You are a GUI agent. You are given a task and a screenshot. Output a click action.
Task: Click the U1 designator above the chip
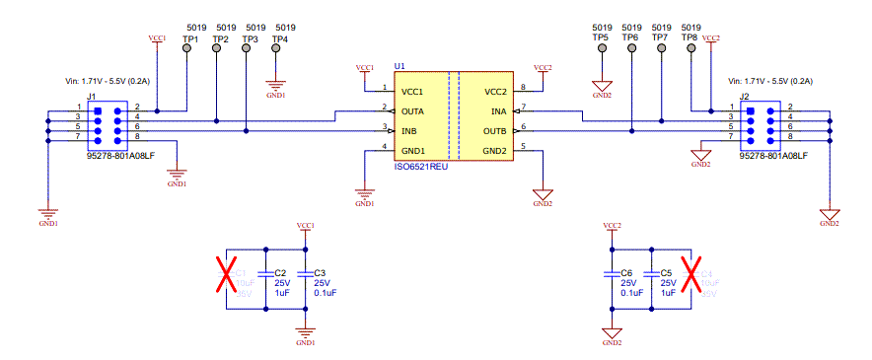pyautogui.click(x=400, y=66)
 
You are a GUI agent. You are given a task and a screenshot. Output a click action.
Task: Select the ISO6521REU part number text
pyautogui.click(x=422, y=168)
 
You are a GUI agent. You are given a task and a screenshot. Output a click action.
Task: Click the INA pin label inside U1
pyautogui.click(x=498, y=111)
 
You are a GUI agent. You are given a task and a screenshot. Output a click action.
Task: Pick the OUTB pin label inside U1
pyautogui.click(x=494, y=130)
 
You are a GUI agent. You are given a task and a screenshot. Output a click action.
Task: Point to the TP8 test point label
pyautogui.click(x=690, y=37)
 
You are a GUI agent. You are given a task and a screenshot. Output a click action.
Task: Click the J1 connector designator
pyautogui.click(x=92, y=96)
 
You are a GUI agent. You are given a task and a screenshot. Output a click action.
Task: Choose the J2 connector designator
pyautogui.click(x=745, y=96)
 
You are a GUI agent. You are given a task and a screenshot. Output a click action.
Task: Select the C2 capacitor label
pyautogui.click(x=280, y=272)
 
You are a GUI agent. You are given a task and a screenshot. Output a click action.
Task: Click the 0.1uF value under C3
pyautogui.click(x=325, y=292)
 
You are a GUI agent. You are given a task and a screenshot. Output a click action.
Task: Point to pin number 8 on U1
pyautogui.click(x=523, y=88)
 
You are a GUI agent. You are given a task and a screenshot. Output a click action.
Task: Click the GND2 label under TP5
pyautogui.click(x=601, y=96)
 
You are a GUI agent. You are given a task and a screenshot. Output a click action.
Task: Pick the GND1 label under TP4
pyautogui.click(x=275, y=96)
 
